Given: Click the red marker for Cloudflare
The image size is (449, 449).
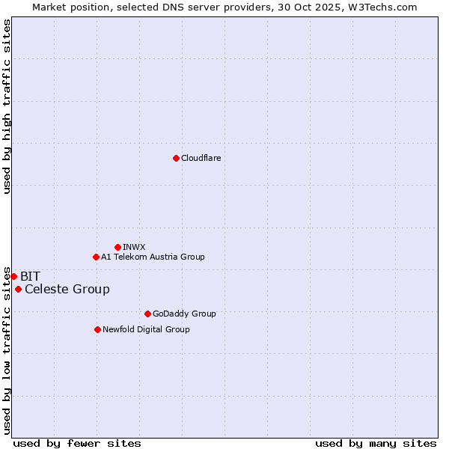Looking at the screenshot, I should [x=176, y=158].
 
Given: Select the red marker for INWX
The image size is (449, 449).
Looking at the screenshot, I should [x=117, y=247].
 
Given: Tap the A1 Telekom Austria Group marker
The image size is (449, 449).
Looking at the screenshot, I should [x=96, y=257].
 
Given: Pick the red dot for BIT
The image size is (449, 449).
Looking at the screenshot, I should [x=13, y=276].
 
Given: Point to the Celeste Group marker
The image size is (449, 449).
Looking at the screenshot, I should [x=18, y=289].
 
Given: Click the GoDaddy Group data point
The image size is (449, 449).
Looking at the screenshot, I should [x=147, y=314].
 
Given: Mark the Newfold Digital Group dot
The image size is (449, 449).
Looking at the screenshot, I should [x=97, y=329].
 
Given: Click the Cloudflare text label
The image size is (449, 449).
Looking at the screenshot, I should [x=201, y=158].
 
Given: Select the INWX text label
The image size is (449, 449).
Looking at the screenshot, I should [x=134, y=247].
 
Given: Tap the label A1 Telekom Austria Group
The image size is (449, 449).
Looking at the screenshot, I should [x=153, y=257].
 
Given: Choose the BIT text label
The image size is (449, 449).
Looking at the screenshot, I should [x=30, y=276].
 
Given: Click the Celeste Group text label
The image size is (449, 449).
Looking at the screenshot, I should [x=67, y=289].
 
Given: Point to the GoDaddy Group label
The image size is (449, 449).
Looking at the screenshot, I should [x=183, y=314].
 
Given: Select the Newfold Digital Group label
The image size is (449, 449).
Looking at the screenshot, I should [x=146, y=329].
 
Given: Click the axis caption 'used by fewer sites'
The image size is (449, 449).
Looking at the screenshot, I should [x=77, y=443].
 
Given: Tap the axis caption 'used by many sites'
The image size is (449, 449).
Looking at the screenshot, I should [x=376, y=443].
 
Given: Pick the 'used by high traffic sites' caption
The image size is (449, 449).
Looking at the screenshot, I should [x=7, y=106].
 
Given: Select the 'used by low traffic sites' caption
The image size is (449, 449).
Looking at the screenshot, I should [x=7, y=349].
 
